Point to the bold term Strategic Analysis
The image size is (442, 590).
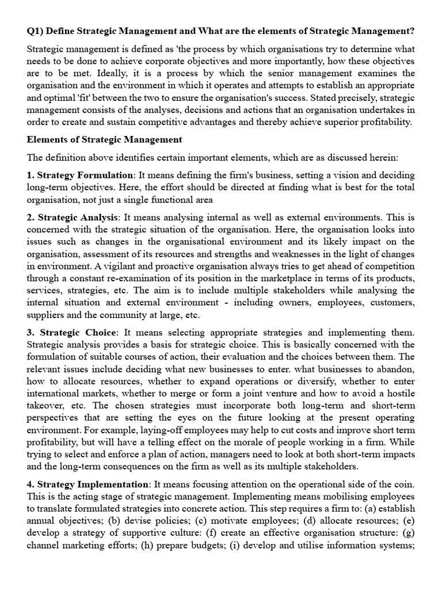coord(78,217)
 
